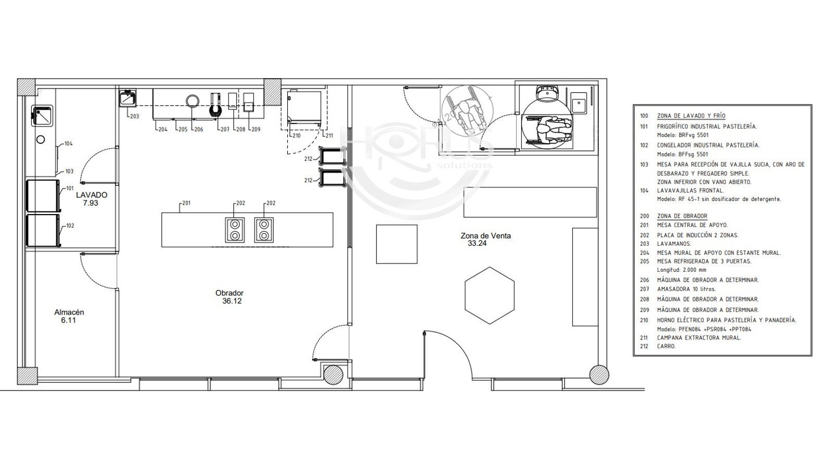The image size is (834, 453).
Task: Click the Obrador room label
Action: (229, 293)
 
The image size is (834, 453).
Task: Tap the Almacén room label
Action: (69, 312)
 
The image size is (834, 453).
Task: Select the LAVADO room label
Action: (92, 195)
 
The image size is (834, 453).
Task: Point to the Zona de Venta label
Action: (485, 236)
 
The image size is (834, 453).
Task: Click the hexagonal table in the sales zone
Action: (489, 295)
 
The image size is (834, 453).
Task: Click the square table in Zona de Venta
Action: (397, 244)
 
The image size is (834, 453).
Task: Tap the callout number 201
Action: (187, 203)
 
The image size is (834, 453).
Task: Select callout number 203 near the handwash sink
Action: (134, 117)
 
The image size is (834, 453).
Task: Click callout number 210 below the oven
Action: (297, 136)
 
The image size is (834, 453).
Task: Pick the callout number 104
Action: (68, 144)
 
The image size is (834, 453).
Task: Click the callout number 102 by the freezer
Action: (70, 226)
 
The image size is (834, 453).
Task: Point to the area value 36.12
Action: (231, 301)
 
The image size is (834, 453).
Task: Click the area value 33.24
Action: (477, 244)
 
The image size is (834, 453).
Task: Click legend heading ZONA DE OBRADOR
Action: (682, 216)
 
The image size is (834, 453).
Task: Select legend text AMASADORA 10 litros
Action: (686, 289)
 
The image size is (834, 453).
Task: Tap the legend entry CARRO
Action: (667, 346)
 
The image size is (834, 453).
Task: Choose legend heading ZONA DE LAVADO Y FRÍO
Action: (691, 116)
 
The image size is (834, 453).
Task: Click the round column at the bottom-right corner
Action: (599, 375)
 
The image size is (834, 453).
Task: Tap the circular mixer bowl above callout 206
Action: (192, 101)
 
